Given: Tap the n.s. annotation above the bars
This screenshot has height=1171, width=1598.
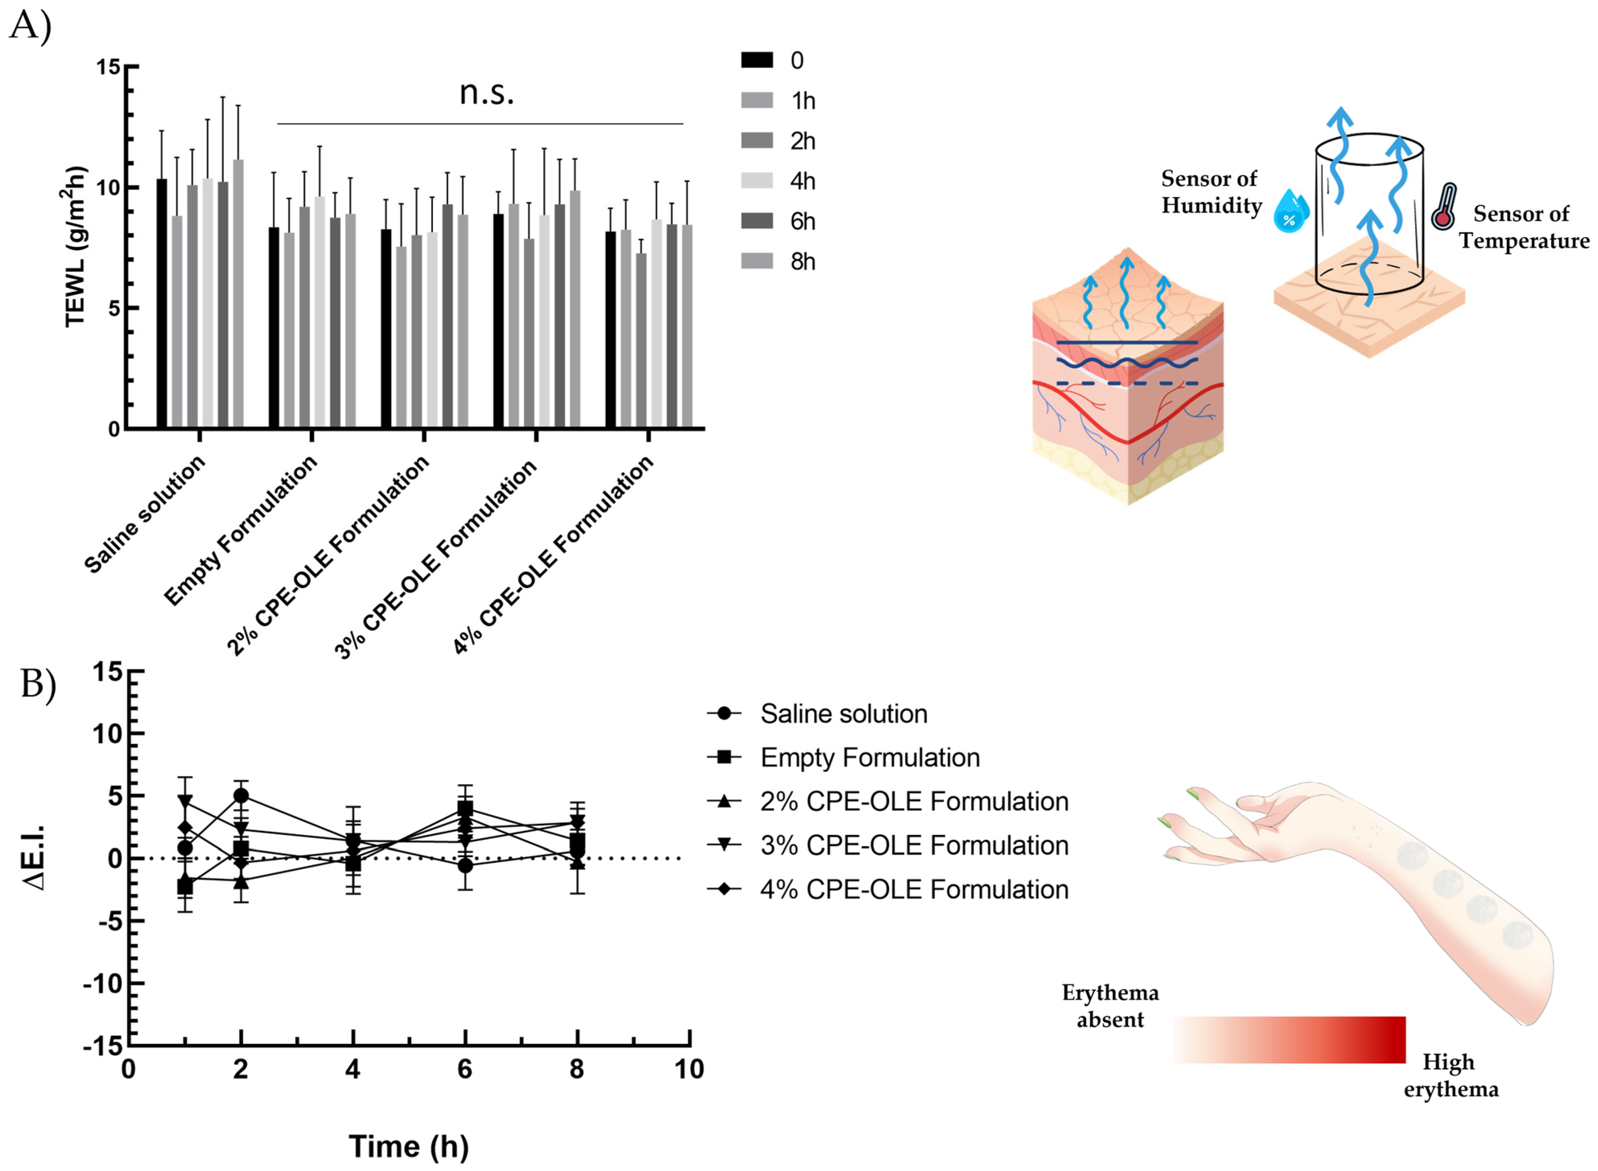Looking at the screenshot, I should pyautogui.click(x=487, y=92).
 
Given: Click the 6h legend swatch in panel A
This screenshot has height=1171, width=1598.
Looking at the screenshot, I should pyautogui.click(x=757, y=221).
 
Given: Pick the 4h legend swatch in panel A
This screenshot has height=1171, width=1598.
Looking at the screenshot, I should pyautogui.click(x=757, y=181).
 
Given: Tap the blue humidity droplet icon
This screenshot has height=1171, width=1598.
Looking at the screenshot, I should pyautogui.click(x=1290, y=211).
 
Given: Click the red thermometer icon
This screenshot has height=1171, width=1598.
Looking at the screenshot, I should pyautogui.click(x=1444, y=207).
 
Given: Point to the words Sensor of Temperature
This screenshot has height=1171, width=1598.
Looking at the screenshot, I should pyautogui.click(x=1524, y=227).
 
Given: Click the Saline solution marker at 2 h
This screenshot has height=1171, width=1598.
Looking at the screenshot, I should pyautogui.click(x=241, y=795).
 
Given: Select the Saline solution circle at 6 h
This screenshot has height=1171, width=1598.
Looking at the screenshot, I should pyautogui.click(x=465, y=865).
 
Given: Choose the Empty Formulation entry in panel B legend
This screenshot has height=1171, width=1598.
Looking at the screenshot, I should pyautogui.click(x=870, y=758).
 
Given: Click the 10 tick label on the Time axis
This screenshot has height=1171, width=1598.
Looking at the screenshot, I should pyautogui.click(x=689, y=1069).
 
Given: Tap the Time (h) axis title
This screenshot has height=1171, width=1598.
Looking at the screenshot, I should pyautogui.click(x=409, y=1146).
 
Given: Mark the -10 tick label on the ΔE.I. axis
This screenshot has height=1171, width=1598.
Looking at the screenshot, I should pyautogui.click(x=103, y=984).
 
